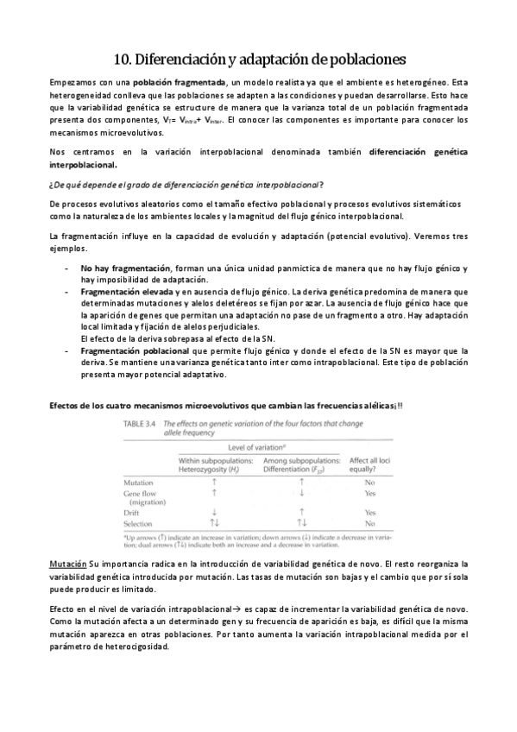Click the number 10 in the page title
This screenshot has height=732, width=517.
tap(122, 58)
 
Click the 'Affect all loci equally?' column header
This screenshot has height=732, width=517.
tap(369, 464)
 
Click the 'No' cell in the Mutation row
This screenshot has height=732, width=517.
tap(369, 483)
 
